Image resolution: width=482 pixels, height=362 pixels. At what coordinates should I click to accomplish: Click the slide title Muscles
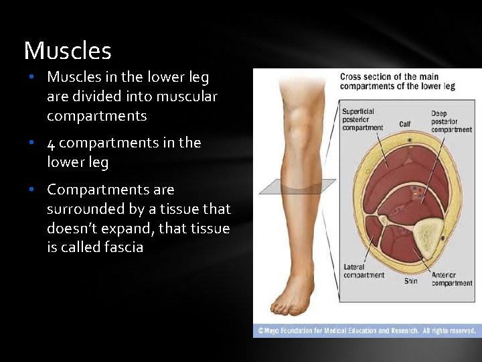pos(68,51)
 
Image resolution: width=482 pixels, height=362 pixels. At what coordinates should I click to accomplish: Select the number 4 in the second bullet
pos(51,143)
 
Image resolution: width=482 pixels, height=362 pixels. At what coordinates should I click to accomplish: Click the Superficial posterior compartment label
pos(362,119)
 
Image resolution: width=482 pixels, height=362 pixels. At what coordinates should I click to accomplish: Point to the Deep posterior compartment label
pos(451,121)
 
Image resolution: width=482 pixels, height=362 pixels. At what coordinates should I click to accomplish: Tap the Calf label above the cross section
pos(405,124)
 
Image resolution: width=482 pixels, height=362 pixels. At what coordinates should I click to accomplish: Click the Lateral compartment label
pos(364,271)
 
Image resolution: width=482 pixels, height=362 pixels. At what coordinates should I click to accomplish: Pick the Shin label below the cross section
pos(410,281)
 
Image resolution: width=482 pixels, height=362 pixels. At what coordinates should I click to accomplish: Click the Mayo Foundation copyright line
pos(366,330)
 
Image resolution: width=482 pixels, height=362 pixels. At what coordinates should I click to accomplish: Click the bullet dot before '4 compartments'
pos(31,143)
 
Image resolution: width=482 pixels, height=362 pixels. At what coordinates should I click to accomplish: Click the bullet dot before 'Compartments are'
pos(31,190)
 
